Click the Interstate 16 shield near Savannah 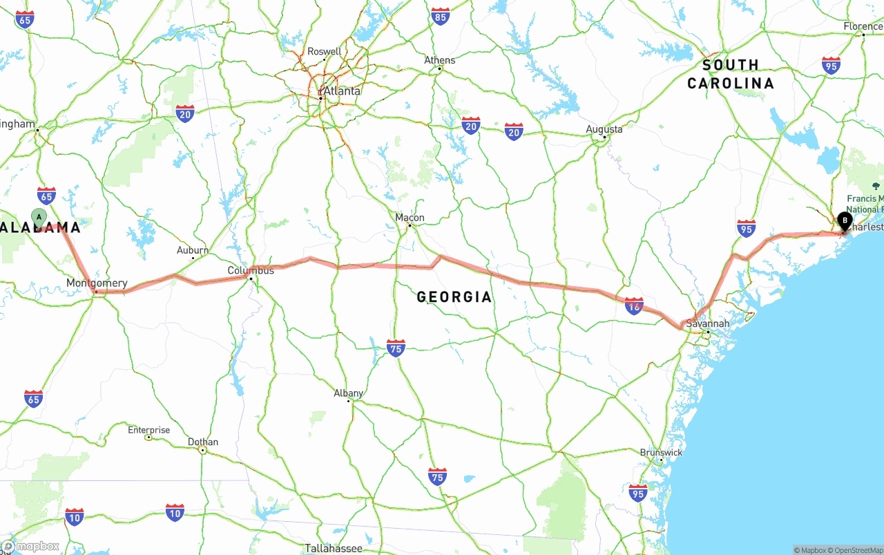point(634,306)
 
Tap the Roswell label point(324,51)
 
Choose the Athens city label point(440,60)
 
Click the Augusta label point(604,129)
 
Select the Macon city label point(410,218)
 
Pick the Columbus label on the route point(251,270)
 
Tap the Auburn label point(193,250)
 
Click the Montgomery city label point(97,283)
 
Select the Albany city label point(349,393)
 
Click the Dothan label point(203,442)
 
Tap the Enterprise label point(148,430)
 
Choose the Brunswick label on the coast point(661,453)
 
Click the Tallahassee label point(334,548)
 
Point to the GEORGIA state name point(454,297)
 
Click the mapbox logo point(30,547)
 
